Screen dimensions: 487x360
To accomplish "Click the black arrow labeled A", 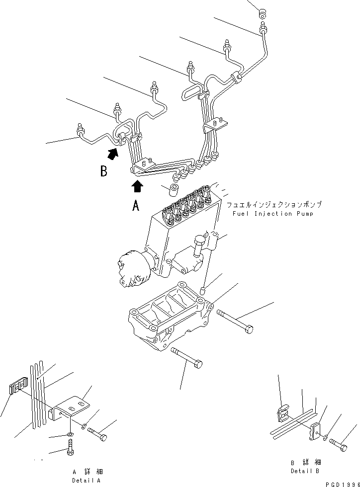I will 138,186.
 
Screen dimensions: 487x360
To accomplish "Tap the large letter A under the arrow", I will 136,206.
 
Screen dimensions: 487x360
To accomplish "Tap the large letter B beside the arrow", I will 103,171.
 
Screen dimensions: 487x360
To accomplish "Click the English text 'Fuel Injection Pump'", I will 269,214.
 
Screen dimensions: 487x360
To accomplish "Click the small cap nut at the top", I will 262,12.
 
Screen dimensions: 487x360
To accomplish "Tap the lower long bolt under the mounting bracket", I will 186,358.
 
